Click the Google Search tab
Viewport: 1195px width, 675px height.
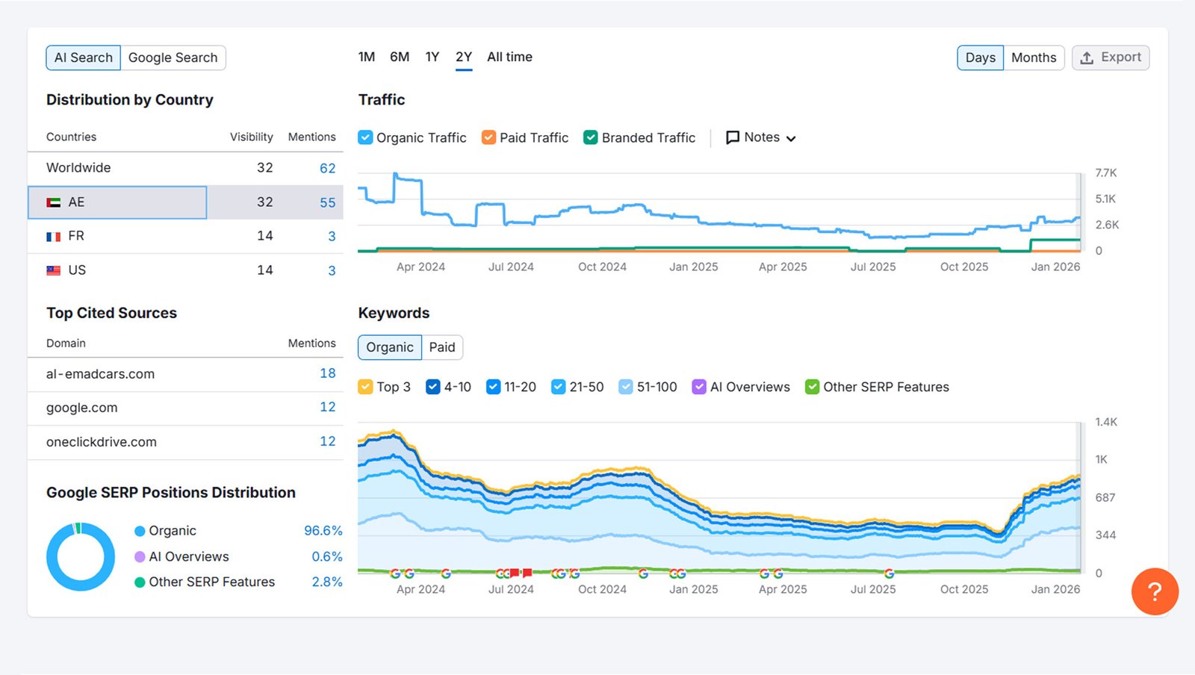click(173, 57)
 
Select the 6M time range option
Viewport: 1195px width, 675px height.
click(400, 57)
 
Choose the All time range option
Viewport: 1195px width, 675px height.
click(509, 57)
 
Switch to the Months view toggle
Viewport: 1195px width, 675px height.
click(1033, 57)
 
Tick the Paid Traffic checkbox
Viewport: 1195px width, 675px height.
click(489, 137)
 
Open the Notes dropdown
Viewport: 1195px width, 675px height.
click(761, 137)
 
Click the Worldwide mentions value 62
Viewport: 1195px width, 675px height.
click(327, 168)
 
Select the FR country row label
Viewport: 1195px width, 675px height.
click(76, 236)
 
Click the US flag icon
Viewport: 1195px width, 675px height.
click(54, 270)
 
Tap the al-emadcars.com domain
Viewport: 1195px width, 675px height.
click(100, 374)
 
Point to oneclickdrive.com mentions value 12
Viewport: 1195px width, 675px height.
click(327, 441)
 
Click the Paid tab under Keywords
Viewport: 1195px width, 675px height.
click(441, 347)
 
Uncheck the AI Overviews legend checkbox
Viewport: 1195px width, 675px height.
click(699, 387)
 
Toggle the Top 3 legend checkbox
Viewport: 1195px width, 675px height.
click(365, 387)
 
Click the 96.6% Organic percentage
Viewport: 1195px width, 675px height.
click(323, 531)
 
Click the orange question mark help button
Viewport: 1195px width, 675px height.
click(1154, 591)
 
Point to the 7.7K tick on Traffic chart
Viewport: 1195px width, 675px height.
click(1105, 172)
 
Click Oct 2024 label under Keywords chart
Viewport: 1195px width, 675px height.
click(602, 589)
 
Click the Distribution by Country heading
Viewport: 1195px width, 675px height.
click(130, 100)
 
